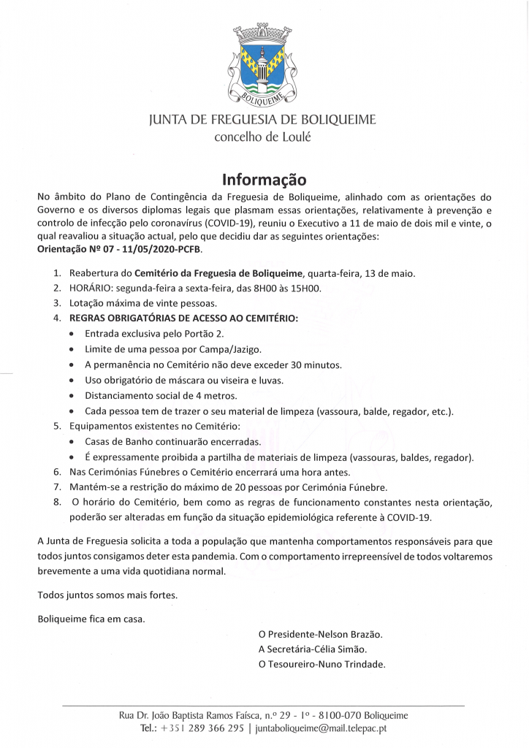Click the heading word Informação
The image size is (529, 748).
pyautogui.click(x=264, y=179)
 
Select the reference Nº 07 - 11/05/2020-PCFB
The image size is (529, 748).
pyautogui.click(x=143, y=249)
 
